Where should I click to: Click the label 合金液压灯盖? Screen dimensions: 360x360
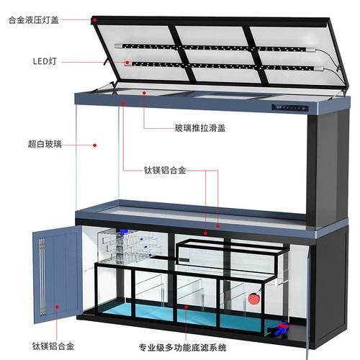(x=34, y=20)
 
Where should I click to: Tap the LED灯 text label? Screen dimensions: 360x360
(x=45, y=61)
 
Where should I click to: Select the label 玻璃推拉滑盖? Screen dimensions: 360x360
(x=200, y=128)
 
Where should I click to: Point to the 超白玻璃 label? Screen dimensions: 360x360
(x=45, y=144)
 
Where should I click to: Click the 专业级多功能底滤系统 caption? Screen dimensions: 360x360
(x=183, y=348)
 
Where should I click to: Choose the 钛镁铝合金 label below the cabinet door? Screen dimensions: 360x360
(x=53, y=346)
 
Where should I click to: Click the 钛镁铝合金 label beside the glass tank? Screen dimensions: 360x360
(x=165, y=170)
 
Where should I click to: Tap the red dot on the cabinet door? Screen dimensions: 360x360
(x=57, y=307)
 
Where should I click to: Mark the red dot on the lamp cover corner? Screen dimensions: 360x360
(x=95, y=20)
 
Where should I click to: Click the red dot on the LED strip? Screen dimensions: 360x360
(x=127, y=63)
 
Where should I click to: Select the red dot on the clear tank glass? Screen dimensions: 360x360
(x=95, y=145)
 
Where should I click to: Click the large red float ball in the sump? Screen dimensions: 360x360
(x=253, y=299)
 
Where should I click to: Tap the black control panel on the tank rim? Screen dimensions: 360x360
(x=290, y=108)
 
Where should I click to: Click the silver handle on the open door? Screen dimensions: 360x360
(x=42, y=276)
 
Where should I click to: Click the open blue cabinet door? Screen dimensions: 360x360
(x=58, y=274)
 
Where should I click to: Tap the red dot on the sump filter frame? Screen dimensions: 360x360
(x=186, y=307)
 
